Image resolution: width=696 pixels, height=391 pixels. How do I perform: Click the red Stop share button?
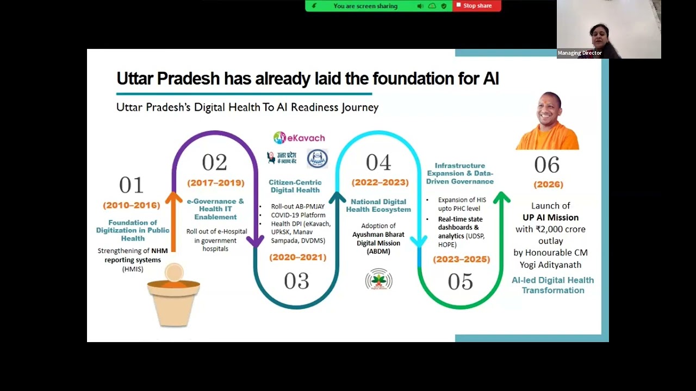click(476, 6)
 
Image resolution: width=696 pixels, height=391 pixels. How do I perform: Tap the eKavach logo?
click(299, 138)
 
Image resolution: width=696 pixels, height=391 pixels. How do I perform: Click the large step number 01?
click(131, 185)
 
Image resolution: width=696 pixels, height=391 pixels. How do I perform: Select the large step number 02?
click(214, 162)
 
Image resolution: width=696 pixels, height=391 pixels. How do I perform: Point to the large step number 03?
click(296, 281)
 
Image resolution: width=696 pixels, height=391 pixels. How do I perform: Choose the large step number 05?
click(460, 281)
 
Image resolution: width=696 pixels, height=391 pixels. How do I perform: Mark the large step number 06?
click(546, 165)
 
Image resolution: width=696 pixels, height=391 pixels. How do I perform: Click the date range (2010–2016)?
click(132, 205)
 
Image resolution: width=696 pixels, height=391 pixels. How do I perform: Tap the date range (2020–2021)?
click(298, 257)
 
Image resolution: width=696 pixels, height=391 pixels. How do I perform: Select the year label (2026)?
click(548, 184)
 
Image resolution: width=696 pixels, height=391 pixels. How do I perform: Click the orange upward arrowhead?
click(174, 198)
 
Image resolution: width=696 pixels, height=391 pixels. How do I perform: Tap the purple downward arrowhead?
click(256, 241)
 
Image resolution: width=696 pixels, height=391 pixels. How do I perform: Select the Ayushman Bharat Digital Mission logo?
click(378, 280)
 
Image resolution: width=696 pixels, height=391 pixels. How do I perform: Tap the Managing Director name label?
click(580, 53)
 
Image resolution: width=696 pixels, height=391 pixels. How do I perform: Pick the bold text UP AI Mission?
click(550, 217)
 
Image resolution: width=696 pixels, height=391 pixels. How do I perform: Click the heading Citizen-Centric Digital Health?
click(295, 186)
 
